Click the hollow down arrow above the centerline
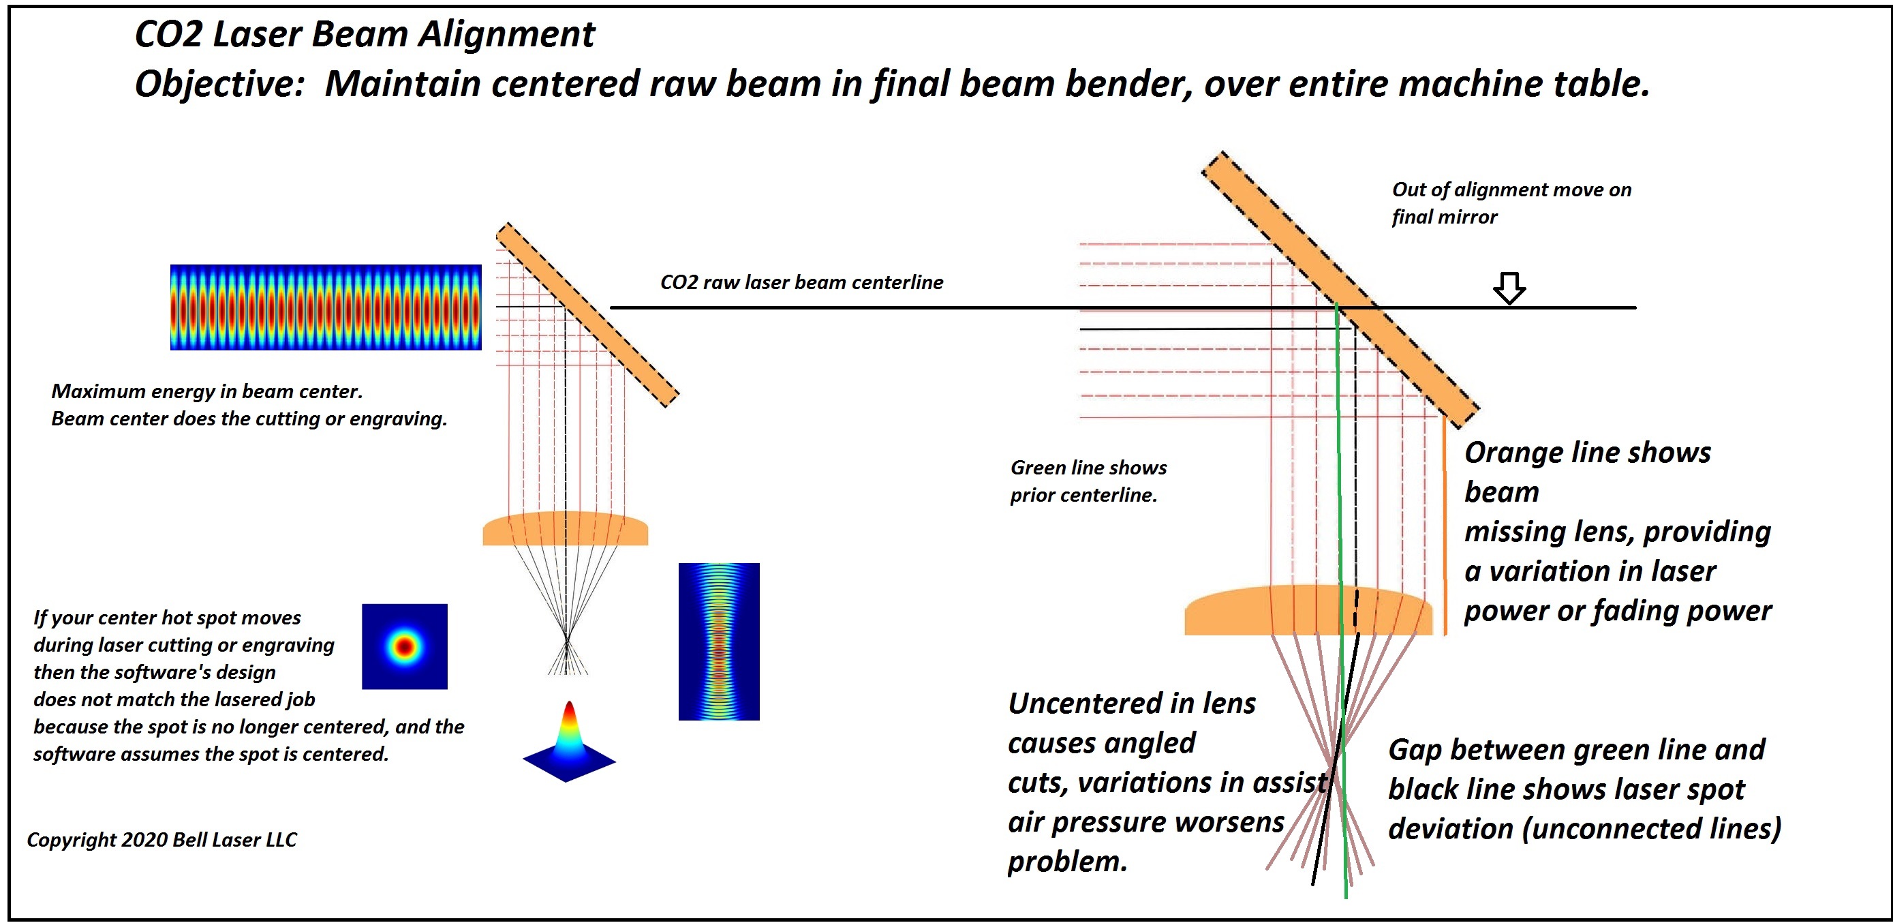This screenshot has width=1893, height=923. pos(1509,288)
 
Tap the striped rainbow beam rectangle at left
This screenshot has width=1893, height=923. pos(326,307)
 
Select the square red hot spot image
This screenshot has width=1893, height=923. pos(404,647)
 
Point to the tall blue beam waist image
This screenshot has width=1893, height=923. pos(719,641)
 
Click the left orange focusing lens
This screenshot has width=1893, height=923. pos(565,530)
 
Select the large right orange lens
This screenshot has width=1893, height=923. pos(1308,611)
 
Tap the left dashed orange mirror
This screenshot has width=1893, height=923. pos(587,314)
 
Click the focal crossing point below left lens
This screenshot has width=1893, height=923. pos(566,637)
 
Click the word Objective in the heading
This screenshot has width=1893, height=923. pos(219,84)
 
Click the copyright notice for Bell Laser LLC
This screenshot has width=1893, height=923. pos(161,840)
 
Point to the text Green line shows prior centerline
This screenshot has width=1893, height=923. pos(1088,481)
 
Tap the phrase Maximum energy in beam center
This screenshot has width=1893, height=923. pos(206,392)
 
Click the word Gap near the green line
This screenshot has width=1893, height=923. pos(1415,751)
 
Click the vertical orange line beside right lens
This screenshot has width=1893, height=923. pos(1445,526)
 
